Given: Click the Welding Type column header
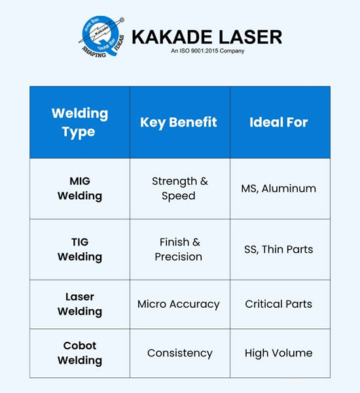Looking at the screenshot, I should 80,122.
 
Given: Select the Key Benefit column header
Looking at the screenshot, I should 179,122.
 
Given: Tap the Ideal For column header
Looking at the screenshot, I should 279,122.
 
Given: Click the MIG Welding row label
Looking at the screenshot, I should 80,188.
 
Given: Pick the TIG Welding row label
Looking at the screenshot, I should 80,249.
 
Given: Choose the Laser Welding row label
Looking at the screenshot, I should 80,304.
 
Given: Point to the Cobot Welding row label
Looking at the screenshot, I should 80,353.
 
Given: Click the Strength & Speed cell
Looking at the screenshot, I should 179,188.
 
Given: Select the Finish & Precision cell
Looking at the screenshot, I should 179,249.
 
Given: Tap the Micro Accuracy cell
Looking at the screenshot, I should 179,304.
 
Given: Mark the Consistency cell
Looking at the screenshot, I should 179,353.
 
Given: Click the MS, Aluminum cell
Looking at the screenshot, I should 279,188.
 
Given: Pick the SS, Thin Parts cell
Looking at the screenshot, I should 279,249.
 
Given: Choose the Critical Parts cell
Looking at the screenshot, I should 279,304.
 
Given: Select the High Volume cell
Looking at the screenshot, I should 279,353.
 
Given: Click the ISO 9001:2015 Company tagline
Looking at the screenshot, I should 207,51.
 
